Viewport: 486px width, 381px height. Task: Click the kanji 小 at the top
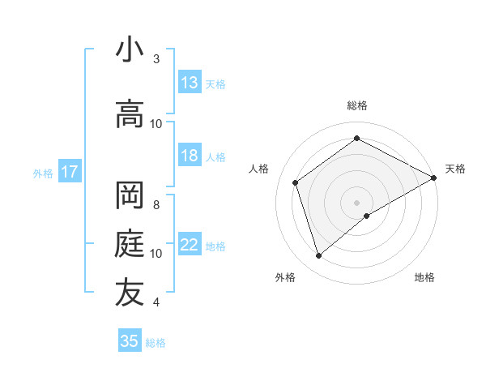(130, 49)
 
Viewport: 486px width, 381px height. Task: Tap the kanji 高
(130, 114)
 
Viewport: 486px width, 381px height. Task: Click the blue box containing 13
(190, 83)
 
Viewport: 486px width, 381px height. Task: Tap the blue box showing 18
(190, 156)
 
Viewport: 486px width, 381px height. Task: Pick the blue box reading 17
(69, 172)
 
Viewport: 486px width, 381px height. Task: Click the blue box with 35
(130, 341)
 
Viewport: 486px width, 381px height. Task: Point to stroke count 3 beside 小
(156, 59)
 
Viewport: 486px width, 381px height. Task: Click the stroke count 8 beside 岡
(156, 204)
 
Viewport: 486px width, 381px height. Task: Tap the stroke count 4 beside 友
(156, 302)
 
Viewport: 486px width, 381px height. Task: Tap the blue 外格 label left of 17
(43, 173)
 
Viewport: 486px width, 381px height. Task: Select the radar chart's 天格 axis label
(455, 169)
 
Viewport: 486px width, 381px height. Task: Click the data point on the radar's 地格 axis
(367, 216)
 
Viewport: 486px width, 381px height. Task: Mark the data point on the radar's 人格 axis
(296, 182)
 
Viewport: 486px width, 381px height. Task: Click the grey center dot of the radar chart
(356, 202)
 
